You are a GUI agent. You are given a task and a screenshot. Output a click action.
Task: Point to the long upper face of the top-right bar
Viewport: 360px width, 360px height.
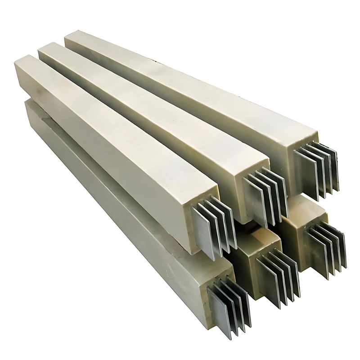[x=189, y=85]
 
